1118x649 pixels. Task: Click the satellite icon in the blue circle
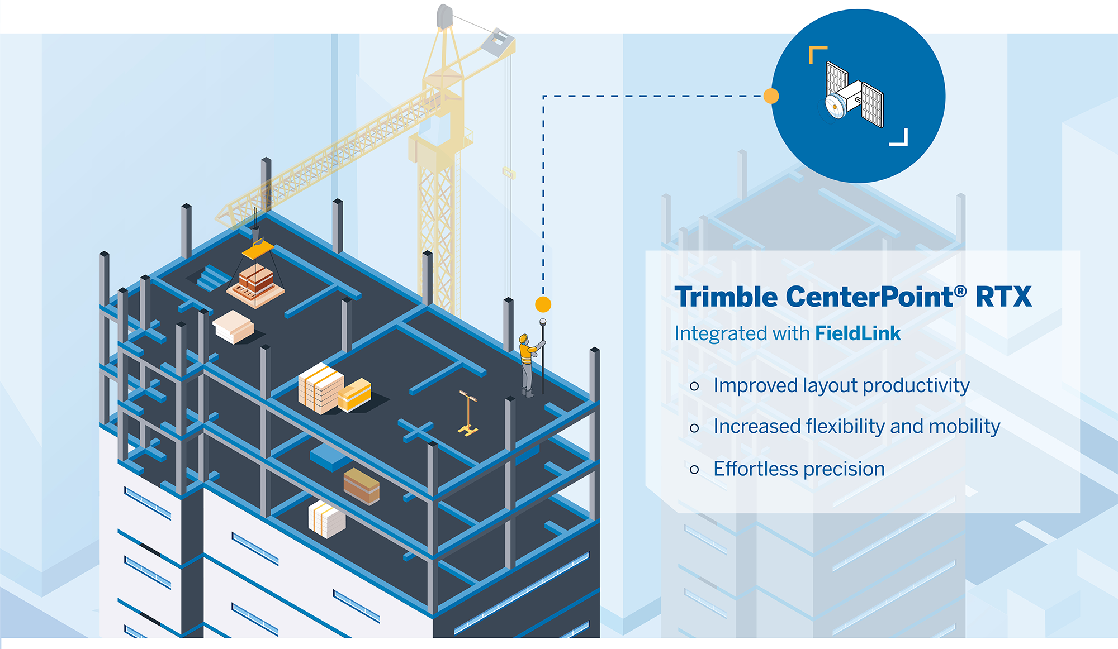click(854, 95)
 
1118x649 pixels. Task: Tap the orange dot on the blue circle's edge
click(771, 96)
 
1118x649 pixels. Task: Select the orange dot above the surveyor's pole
click(543, 304)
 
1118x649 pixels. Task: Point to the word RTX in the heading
click(1003, 297)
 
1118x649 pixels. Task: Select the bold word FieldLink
click(858, 333)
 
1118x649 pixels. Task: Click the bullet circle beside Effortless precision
click(694, 470)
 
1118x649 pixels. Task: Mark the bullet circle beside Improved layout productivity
click(694, 386)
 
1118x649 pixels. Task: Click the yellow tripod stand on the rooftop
click(468, 413)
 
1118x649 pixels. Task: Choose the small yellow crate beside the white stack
click(354, 394)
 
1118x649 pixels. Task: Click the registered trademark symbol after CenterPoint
click(960, 290)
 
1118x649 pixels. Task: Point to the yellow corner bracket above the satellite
click(817, 54)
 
